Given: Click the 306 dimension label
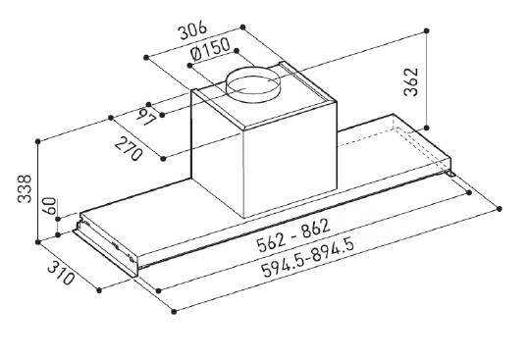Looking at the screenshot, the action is tap(192, 30).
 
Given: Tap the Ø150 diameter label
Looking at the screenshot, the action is tap(210, 49).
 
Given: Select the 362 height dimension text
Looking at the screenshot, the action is tap(411, 82).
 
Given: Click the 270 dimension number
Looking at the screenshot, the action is tap(129, 149).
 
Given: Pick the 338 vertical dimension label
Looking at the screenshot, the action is tap(25, 188).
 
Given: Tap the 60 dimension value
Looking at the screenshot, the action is tap(50, 206).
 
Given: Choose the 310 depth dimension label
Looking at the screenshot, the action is tap(61, 273).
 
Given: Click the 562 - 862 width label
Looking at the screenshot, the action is tap(292, 235).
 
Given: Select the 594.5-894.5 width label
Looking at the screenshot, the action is tap(308, 257).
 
